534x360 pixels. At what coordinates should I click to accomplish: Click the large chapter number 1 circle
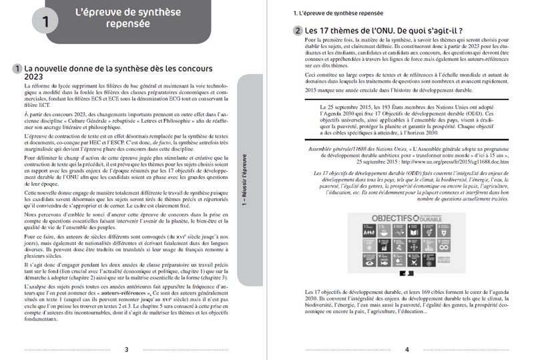[x=45, y=21]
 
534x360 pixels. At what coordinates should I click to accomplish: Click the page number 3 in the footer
[x=127, y=349]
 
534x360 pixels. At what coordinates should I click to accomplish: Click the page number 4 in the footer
[x=406, y=349]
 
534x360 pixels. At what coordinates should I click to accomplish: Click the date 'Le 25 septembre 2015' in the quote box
[x=344, y=107]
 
